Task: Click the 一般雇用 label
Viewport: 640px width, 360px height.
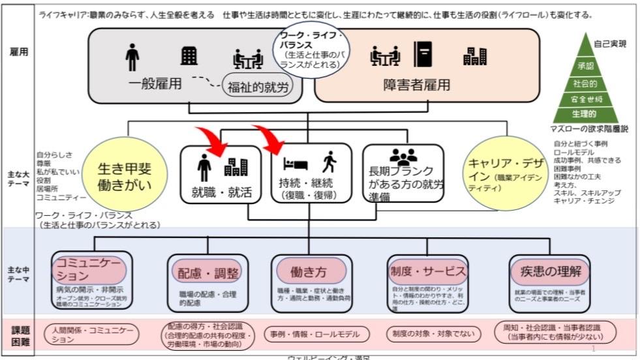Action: [153, 85]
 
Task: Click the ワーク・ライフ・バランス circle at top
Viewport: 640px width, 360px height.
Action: [311, 52]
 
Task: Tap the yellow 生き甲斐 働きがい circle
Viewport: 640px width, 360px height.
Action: [125, 177]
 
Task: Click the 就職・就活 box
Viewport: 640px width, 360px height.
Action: [222, 174]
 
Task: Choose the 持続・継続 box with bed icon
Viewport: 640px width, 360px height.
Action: [310, 174]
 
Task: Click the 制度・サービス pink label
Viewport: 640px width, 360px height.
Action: [427, 270]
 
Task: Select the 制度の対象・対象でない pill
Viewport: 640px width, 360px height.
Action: [431, 335]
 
